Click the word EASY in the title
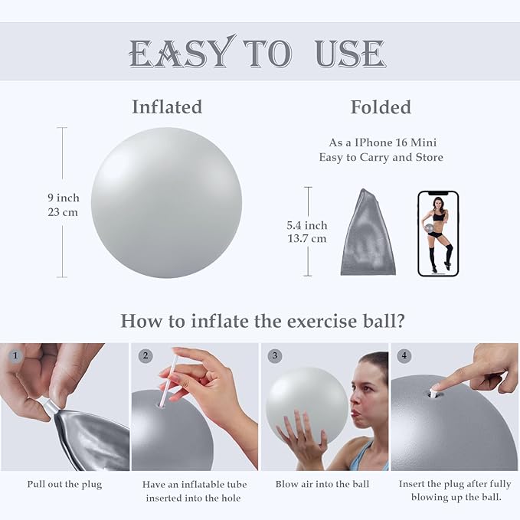(x=180, y=54)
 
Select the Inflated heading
(x=167, y=107)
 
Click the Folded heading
(x=381, y=107)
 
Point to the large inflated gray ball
(x=166, y=202)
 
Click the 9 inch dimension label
(x=63, y=198)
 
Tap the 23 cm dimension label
(x=63, y=212)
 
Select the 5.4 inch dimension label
(x=306, y=225)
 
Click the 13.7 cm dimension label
(x=306, y=238)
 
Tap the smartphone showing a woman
(x=438, y=233)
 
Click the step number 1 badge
(x=15, y=356)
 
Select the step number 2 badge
(x=146, y=356)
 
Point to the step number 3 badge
(x=275, y=356)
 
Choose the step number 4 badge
(x=404, y=356)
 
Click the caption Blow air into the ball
(x=322, y=484)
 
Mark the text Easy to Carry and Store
(x=381, y=157)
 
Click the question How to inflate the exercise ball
(x=263, y=320)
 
